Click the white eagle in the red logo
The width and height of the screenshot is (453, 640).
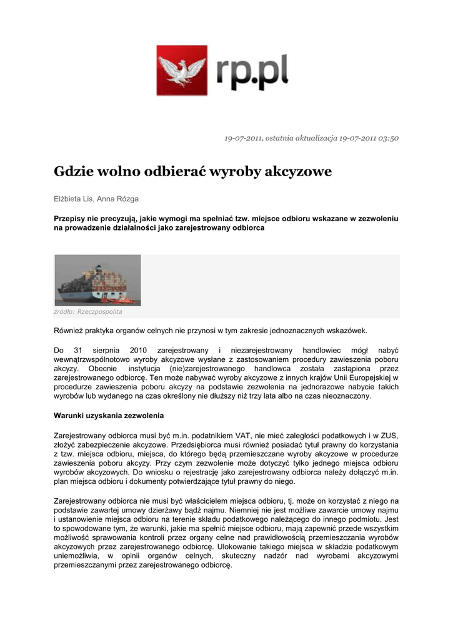coord(182,71)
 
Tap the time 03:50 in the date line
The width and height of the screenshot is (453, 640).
coord(388,138)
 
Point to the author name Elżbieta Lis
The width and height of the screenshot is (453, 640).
coord(73,199)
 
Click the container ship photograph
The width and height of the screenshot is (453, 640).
coord(97,281)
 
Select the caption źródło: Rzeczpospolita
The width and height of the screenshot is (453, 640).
coord(88,311)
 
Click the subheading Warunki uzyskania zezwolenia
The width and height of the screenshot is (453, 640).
coord(109,416)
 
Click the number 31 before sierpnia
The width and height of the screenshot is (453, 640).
coord(79,351)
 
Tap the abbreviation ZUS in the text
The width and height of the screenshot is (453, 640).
coord(390,435)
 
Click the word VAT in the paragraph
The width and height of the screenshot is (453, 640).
coord(244,435)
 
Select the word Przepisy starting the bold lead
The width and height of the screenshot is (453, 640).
coord(70,219)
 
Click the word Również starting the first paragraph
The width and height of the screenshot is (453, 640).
coord(69,330)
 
